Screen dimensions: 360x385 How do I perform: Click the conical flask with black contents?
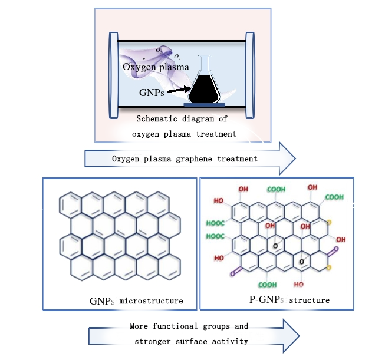[x=204, y=83]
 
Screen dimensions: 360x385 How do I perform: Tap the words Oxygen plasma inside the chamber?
[x=156, y=67]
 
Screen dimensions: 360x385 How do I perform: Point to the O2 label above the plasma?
[x=177, y=57]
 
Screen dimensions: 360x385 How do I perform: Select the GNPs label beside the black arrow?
[x=152, y=93]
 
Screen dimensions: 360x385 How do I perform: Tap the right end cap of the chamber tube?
[x=250, y=73]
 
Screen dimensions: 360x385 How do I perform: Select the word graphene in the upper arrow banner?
[x=208, y=158]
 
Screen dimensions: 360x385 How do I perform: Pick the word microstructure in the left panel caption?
[x=151, y=301]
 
